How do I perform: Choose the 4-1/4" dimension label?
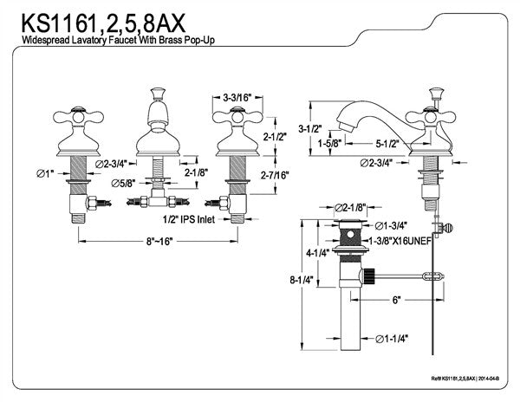[x=317, y=255]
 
